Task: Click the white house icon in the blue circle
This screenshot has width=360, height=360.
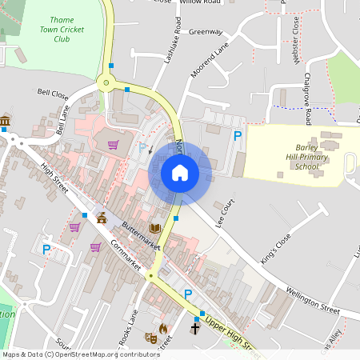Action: tap(180, 172)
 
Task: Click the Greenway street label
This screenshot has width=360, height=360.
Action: tap(206, 32)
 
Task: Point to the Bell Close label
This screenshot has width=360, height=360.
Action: tap(54, 93)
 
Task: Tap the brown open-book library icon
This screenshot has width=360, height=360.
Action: tap(155, 230)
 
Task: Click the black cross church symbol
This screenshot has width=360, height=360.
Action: tap(194, 328)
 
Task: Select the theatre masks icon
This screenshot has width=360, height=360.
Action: tap(150, 338)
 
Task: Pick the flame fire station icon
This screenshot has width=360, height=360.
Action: tap(164, 328)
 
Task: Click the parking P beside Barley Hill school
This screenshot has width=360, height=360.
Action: tap(237, 136)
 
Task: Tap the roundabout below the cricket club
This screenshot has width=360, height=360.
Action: tap(104, 82)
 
